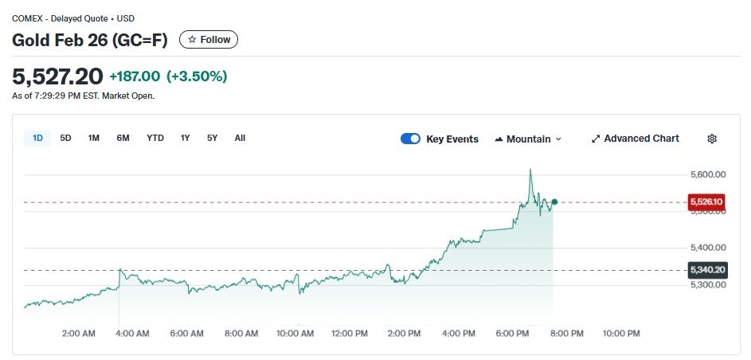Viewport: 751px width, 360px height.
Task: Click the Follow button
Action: tap(209, 40)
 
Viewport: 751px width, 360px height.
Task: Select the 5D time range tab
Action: tap(66, 139)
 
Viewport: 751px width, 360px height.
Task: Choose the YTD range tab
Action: tap(155, 139)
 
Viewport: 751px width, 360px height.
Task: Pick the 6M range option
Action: tap(123, 139)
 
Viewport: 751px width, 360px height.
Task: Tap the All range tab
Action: tap(240, 139)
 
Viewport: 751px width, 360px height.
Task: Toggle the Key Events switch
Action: tap(410, 139)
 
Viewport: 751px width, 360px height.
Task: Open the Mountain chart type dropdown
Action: tap(528, 139)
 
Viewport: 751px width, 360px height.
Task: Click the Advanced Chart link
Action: tap(636, 139)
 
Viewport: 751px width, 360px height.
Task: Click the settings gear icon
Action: tap(712, 139)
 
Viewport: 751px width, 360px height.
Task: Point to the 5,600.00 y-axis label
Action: tap(706, 174)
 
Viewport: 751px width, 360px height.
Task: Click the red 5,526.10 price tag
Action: tap(706, 202)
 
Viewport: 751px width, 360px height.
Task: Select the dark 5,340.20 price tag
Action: tap(706, 270)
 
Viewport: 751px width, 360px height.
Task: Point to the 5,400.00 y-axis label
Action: tap(706, 248)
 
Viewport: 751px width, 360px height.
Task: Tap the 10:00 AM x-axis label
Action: tap(295, 334)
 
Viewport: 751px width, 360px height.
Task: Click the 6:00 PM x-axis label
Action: tap(512, 334)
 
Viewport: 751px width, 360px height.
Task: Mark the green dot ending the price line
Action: tap(554, 202)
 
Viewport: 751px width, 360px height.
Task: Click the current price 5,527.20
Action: tap(57, 76)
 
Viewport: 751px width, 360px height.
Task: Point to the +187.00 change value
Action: tap(135, 76)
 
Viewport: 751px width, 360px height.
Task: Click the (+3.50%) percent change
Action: tap(197, 76)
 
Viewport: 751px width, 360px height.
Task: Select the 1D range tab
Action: tap(37, 139)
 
